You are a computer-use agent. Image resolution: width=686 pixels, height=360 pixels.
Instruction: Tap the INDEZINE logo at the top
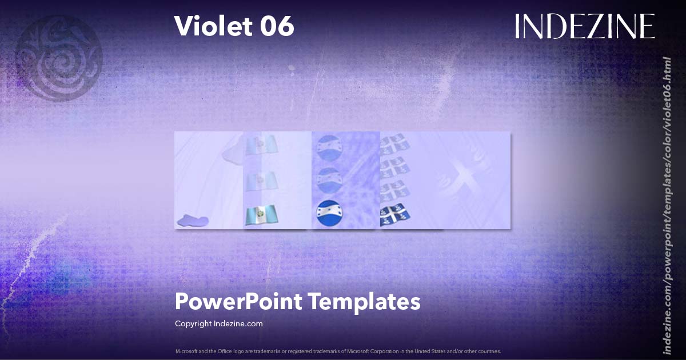pyautogui.click(x=584, y=26)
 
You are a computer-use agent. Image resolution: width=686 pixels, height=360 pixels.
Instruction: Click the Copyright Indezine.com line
pyautogui.click(x=218, y=323)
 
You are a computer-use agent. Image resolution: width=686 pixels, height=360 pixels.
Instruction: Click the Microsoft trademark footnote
pyautogui.click(x=338, y=351)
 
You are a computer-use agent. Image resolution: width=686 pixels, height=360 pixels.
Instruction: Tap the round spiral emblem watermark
pyautogui.click(x=58, y=58)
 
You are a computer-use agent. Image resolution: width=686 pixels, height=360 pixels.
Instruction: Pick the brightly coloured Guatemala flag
pyautogui.click(x=260, y=215)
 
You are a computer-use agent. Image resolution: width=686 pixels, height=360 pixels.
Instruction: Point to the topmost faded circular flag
pyautogui.click(x=329, y=147)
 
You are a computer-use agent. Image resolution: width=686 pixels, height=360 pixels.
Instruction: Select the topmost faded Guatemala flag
pyautogui.click(x=260, y=145)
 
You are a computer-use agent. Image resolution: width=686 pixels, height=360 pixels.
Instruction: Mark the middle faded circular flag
pyautogui.click(x=329, y=180)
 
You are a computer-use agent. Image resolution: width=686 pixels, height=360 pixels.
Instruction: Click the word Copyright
pyautogui.click(x=193, y=323)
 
